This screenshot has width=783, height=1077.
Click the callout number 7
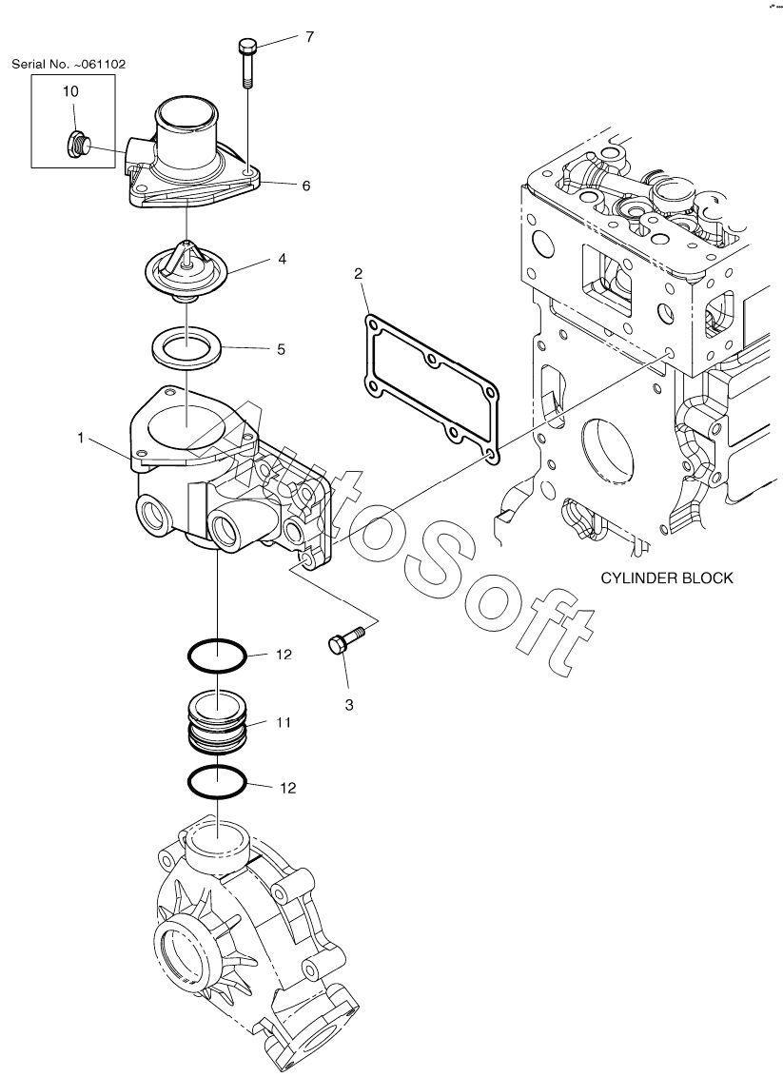(310, 36)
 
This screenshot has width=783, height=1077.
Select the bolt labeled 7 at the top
(247, 63)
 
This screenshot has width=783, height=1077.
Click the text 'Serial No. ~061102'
(69, 65)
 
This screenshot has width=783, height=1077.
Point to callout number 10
(70, 91)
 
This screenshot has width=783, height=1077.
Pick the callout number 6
(306, 186)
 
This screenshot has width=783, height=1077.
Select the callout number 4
(282, 259)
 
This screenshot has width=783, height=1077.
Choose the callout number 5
(281, 349)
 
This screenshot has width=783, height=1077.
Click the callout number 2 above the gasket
(359, 274)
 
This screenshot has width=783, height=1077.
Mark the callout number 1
(81, 438)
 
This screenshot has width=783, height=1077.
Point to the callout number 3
(349, 705)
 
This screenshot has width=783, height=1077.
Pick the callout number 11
(284, 722)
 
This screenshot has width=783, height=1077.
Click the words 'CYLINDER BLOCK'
(667, 578)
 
